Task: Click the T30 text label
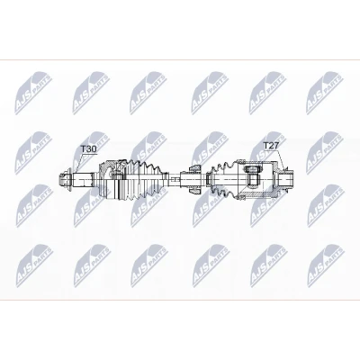tap(89, 149)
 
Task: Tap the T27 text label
tap(271, 146)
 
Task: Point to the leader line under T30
tap(77, 164)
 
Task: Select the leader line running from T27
tap(279, 159)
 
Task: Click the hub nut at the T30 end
tap(65, 180)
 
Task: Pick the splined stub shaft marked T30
tap(84, 180)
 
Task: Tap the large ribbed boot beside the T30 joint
tap(143, 181)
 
